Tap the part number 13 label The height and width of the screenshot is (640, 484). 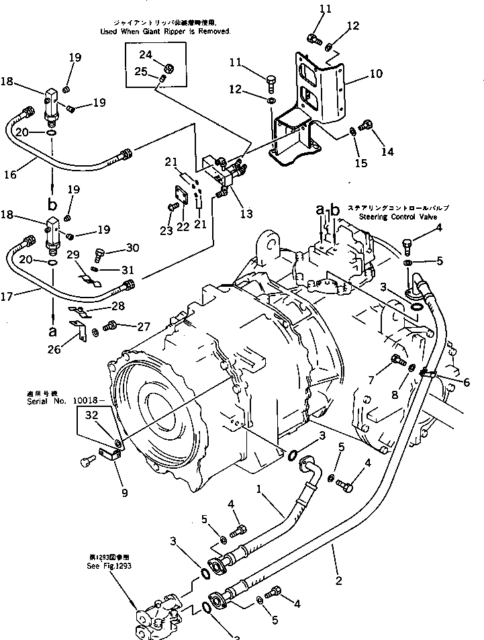coord(246,214)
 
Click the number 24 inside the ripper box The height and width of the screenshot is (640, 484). coord(146,54)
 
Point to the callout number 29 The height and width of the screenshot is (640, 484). coord(74,255)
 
